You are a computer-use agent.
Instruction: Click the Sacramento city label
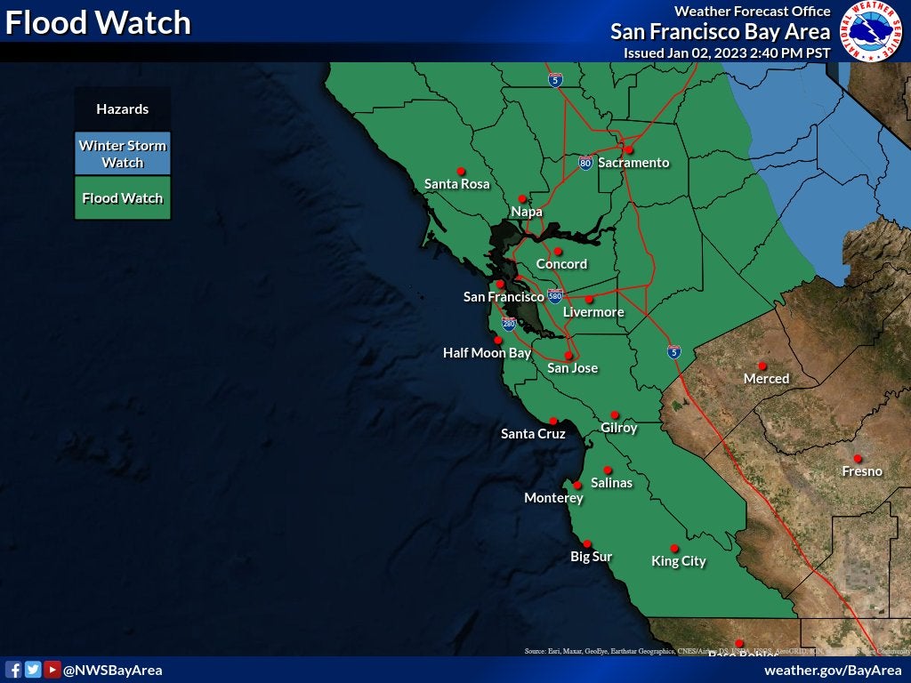point(633,163)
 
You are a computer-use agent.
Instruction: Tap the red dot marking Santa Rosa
point(461,171)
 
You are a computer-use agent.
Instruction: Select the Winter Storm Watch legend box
point(123,154)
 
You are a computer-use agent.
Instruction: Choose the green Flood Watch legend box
point(123,198)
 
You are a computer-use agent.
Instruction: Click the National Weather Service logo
point(872,32)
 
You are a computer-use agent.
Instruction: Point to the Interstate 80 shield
point(584,164)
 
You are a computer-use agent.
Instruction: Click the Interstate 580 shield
point(555,296)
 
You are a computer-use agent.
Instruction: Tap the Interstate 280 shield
point(509,324)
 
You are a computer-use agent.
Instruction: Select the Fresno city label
point(862,471)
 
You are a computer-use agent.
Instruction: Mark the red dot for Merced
point(762,366)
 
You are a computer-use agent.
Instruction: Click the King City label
point(679,561)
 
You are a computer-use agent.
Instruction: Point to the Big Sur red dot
point(587,543)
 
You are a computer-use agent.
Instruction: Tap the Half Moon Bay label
point(487,353)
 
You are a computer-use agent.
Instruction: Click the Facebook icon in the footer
point(13,670)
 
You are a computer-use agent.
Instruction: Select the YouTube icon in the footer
point(52,670)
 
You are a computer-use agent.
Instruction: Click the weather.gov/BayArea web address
point(833,670)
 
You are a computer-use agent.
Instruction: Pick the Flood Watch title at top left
point(98,23)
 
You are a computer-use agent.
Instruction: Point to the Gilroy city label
point(619,428)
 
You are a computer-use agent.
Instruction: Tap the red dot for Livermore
point(589,299)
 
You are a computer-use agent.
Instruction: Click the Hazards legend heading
point(123,109)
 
